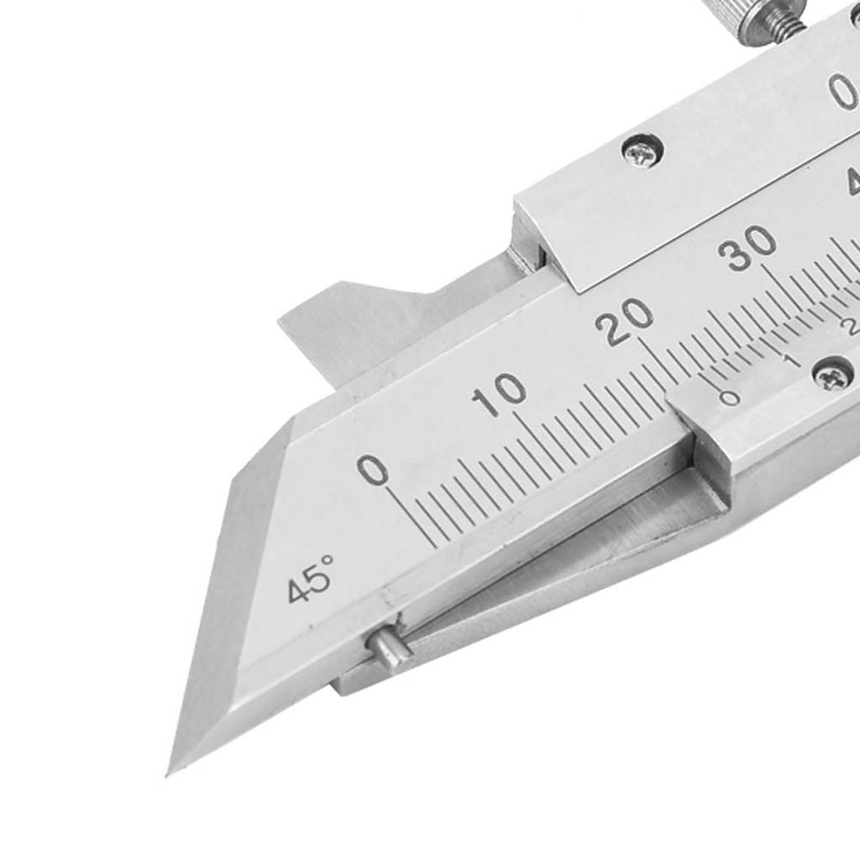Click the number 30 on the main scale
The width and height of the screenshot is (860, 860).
752,249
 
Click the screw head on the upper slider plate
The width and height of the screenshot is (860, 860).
642,152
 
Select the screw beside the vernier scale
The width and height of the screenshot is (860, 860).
832,374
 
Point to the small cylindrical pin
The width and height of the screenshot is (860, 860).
388,648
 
